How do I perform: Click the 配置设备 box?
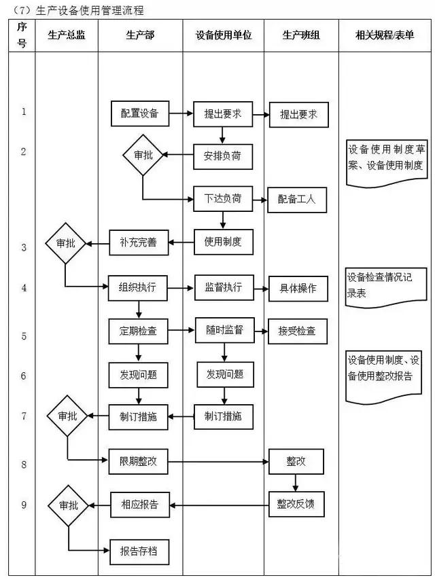pyautogui.click(x=140, y=114)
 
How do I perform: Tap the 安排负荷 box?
pyautogui.click(x=222, y=156)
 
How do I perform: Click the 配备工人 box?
pyautogui.click(x=296, y=200)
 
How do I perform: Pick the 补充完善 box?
pyautogui.click(x=139, y=241)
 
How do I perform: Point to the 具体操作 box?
pyautogui.click(x=298, y=288)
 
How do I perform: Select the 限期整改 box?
pyautogui.click(x=139, y=461)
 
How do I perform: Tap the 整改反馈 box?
pyautogui.click(x=296, y=504)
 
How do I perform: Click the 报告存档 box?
pyautogui.click(x=139, y=550)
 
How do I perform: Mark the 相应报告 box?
pyautogui.click(x=139, y=504)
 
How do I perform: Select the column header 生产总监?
pyautogui.click(x=67, y=35)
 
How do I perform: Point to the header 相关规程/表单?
pyautogui.click(x=385, y=35)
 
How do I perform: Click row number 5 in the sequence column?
pyautogui.click(x=23, y=336)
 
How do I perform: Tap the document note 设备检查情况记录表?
pyautogui.click(x=385, y=283)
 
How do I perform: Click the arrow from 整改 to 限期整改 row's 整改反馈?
pyautogui.click(x=296, y=482)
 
